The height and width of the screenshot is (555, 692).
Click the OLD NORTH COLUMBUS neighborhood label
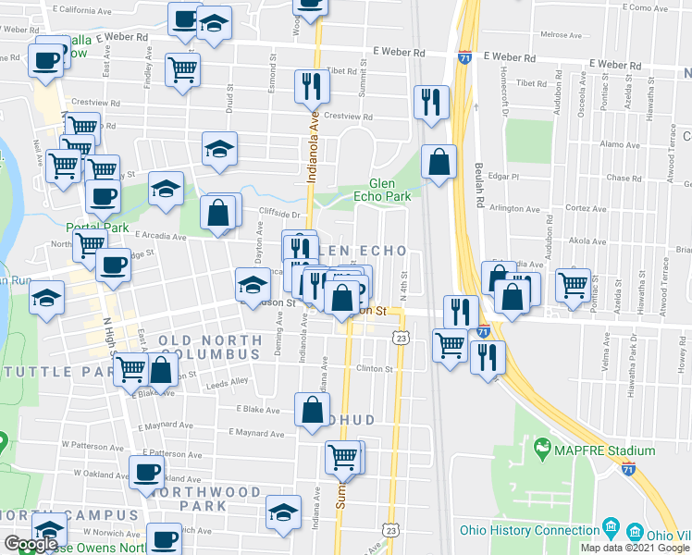210,347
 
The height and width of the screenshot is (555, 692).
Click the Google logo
31,544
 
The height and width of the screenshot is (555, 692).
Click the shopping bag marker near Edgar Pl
439,163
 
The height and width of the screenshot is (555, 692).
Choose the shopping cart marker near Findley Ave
182,68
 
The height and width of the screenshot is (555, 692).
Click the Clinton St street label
375,368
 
